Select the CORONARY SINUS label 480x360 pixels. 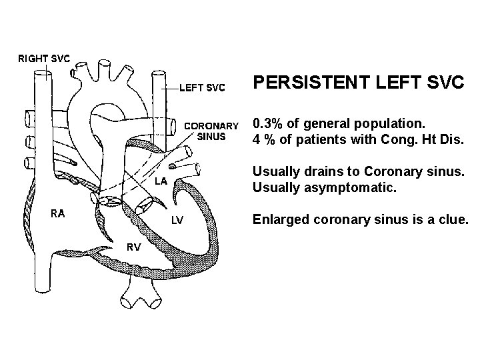[x=211, y=131]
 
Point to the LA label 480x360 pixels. [x=161, y=181]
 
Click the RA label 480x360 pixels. [x=58, y=213]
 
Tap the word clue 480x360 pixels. [x=453, y=219]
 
